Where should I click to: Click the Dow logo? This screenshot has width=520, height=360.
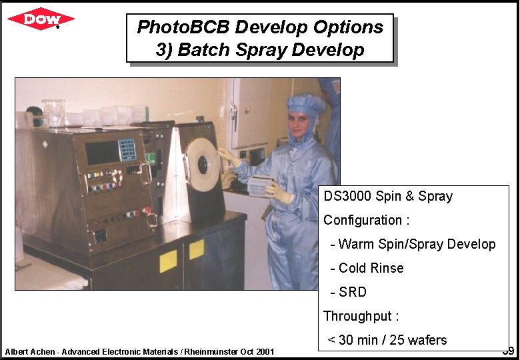click(41, 19)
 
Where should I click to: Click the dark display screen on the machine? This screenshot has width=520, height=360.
click(102, 153)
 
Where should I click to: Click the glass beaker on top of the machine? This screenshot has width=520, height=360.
click(53, 113)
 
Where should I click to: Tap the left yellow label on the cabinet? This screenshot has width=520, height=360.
click(168, 261)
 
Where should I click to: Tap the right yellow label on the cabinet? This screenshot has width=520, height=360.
click(196, 249)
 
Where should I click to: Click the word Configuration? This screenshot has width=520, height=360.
click(363, 220)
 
